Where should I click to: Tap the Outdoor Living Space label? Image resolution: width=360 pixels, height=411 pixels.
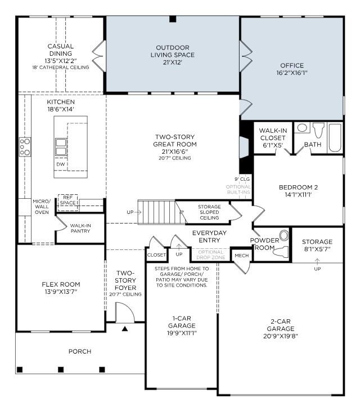pyautogui.click(x=173, y=51)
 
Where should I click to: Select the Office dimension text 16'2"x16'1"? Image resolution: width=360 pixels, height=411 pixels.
pyautogui.click(x=291, y=73)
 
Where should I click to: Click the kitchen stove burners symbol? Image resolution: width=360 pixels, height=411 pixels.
pyautogui.click(x=25, y=146)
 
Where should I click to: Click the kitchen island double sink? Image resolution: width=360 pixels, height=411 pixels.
pyautogui.click(x=60, y=146)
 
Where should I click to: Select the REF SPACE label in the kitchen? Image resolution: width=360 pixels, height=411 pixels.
pyautogui.click(x=68, y=200)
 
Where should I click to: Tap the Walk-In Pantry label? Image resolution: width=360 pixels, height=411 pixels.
pyautogui.click(x=80, y=228)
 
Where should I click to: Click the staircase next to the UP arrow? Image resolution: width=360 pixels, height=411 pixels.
pyautogui.click(x=157, y=212)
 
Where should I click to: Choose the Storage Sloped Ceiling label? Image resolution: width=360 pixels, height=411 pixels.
pyautogui.click(x=209, y=212)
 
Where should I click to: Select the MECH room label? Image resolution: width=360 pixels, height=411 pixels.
pyautogui.click(x=241, y=256)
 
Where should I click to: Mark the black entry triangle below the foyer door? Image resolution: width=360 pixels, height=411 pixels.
pyautogui.click(x=125, y=327)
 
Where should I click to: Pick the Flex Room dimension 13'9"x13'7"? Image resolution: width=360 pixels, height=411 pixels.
pyautogui.click(x=61, y=292)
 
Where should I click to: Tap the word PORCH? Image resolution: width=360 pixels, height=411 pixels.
pyautogui.click(x=80, y=351)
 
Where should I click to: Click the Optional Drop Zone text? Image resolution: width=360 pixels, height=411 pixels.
pyautogui.click(x=210, y=254)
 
